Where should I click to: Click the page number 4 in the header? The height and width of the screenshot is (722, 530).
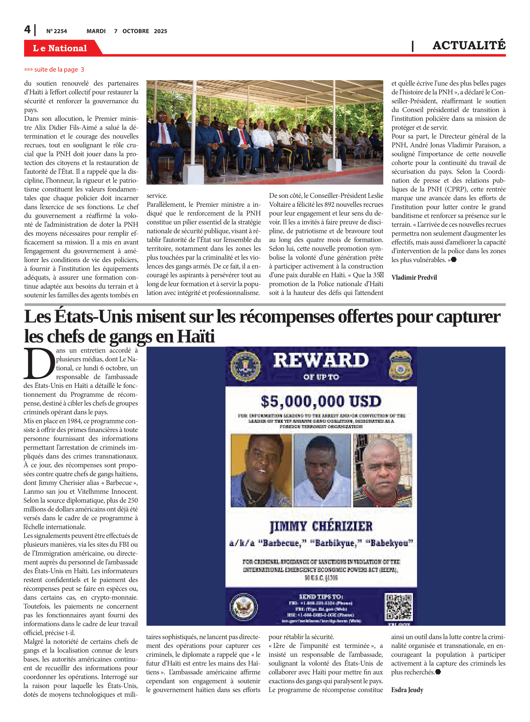coord(27,30)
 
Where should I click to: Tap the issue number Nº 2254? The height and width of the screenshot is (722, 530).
coord(56,31)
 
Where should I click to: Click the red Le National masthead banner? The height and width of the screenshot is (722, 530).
coord(60,48)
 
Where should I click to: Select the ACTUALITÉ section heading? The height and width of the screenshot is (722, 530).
coord(469,45)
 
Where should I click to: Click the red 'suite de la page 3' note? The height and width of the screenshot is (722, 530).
coord(54,70)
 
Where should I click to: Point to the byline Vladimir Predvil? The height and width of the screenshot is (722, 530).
coord(414,277)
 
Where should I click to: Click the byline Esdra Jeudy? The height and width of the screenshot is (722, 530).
coord(407,690)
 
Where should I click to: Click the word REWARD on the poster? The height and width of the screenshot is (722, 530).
coord(321,361)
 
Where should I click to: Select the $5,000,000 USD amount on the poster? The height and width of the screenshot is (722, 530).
coord(321,401)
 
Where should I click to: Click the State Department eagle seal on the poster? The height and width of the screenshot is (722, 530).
coord(244,607)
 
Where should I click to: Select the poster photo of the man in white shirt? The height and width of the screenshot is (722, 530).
coord(322,471)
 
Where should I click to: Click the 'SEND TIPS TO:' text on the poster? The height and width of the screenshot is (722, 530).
coord(321,596)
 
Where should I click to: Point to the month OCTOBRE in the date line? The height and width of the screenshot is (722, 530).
coord(136,31)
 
